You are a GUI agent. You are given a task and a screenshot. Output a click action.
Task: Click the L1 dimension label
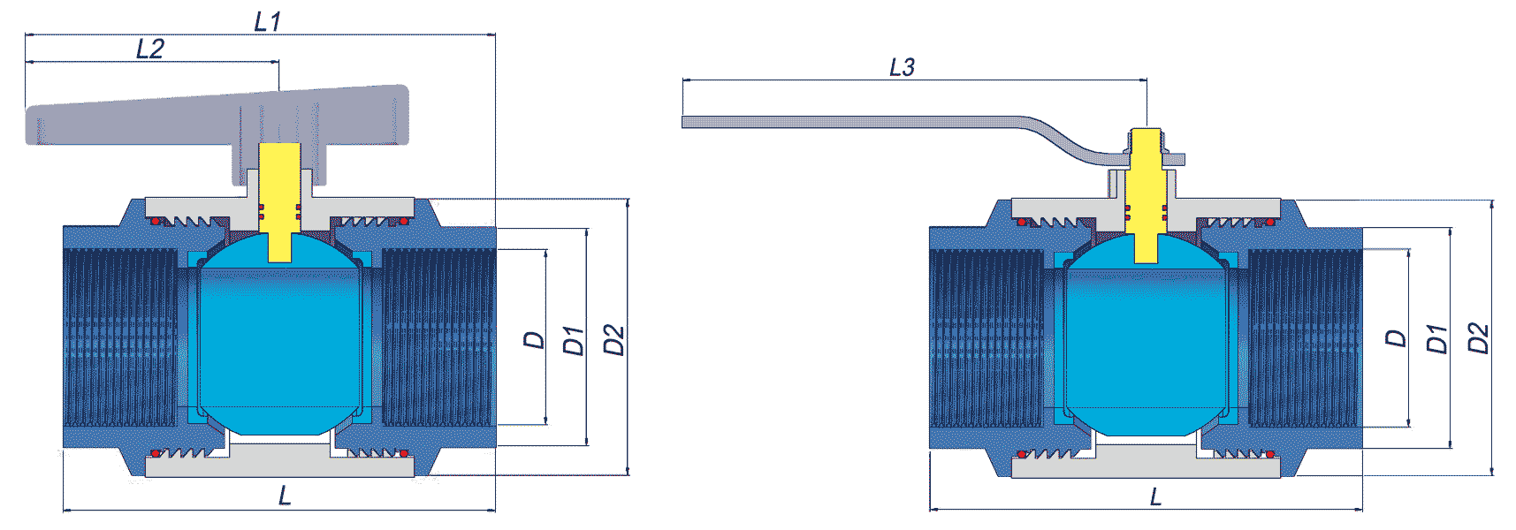pos(267,21)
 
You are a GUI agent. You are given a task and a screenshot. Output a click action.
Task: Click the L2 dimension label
pos(150,49)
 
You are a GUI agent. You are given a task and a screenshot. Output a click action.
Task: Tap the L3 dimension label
pos(902,67)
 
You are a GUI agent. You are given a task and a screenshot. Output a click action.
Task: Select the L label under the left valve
pos(285,496)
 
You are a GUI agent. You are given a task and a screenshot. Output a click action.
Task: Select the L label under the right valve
pos(1155,497)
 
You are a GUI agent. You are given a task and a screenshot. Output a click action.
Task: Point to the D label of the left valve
pos(535,340)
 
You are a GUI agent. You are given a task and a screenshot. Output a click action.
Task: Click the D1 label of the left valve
pos(575,340)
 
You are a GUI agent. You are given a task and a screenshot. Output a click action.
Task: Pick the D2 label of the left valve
pos(613,340)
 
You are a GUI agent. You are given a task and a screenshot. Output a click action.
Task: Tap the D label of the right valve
pos(1396,338)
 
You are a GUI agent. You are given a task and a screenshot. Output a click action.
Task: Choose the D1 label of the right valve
pos(1437,338)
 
